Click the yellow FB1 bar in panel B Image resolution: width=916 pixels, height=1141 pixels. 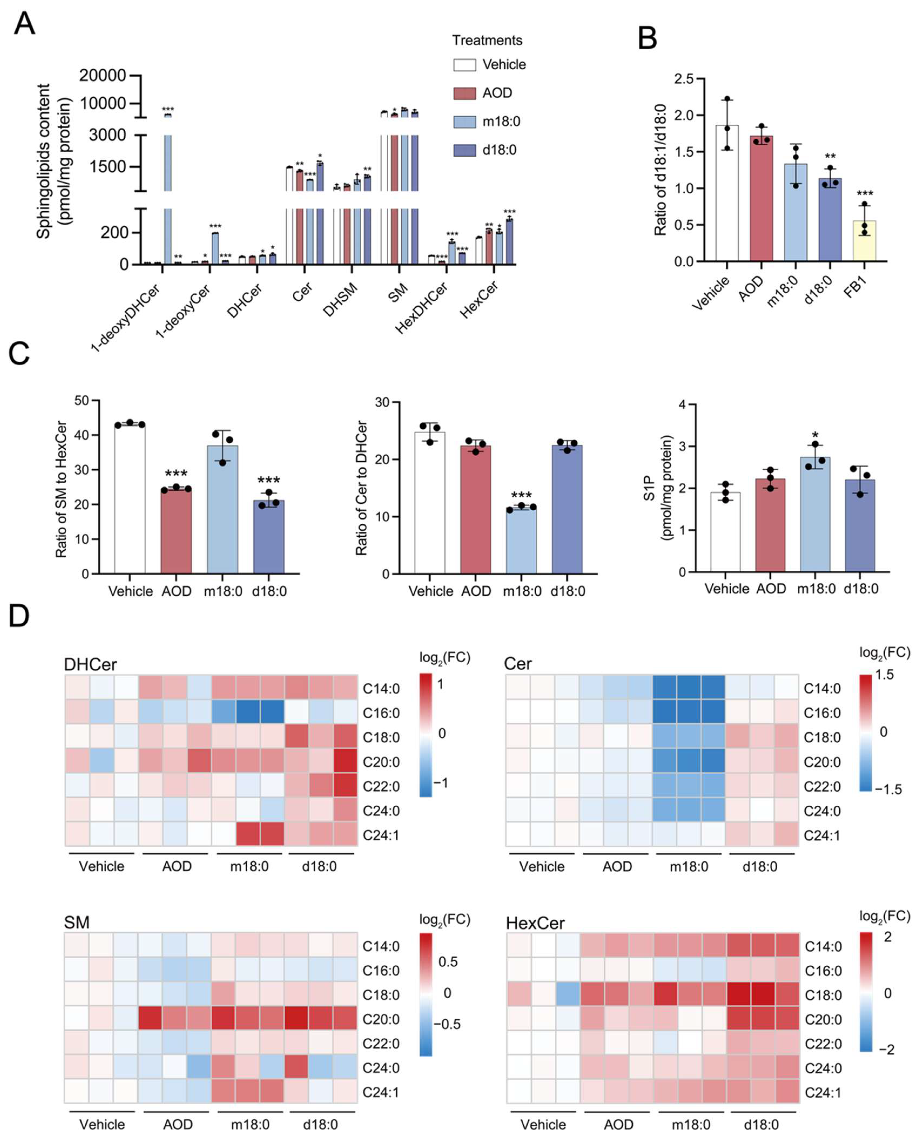coord(864,241)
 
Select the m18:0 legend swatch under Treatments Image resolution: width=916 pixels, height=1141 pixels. coord(464,122)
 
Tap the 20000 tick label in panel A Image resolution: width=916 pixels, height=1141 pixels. coord(103,75)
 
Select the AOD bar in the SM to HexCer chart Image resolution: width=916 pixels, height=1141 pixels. coord(176,531)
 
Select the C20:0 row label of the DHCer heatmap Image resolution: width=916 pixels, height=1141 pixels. coord(381,762)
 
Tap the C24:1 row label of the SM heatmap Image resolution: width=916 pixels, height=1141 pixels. coord(381,1092)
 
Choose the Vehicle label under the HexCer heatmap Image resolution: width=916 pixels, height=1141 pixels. coord(543,1124)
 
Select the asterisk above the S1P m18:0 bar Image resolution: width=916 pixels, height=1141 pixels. coord(815,435)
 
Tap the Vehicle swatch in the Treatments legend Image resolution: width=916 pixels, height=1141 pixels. coord(464,65)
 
